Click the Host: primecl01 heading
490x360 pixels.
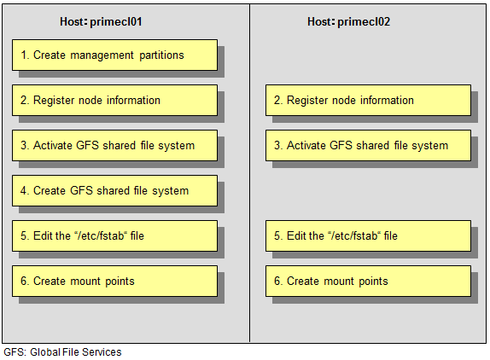coord(101,22)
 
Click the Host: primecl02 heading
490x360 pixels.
coord(349,22)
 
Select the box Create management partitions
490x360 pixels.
coord(114,55)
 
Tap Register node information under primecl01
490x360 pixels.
coord(114,100)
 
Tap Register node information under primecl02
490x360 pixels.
coord(368,100)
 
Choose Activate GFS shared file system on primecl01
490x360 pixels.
coord(114,146)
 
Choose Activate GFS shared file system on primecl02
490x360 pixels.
coord(368,146)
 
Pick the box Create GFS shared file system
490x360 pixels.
coord(114,191)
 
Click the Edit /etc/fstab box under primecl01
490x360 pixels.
coord(114,236)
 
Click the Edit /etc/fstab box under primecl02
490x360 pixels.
coord(368,236)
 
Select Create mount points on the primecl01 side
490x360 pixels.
coord(114,281)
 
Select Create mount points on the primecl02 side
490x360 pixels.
coord(368,281)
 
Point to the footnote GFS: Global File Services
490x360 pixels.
coord(62,352)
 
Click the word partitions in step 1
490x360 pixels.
coord(161,55)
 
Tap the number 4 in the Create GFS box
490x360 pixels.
coord(23,190)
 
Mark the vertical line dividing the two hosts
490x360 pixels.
coord(249,173)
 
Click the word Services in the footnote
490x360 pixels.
coord(102,352)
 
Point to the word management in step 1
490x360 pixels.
coord(102,55)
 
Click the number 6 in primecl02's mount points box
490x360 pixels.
coord(277,281)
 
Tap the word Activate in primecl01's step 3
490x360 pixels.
coord(53,146)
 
